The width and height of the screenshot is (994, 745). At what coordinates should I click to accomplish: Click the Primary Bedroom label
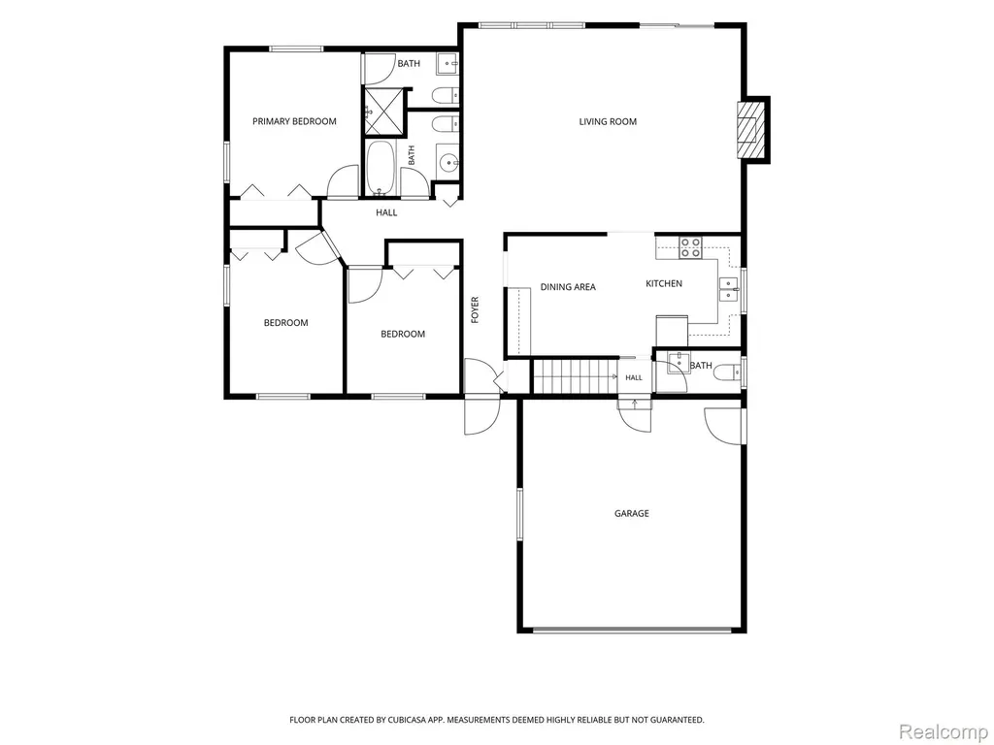point(294,121)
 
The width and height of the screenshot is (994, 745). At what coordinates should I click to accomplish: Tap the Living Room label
point(608,121)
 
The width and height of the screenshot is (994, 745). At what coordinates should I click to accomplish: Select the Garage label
point(631,513)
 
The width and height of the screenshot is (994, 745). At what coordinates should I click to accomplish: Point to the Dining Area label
point(568,287)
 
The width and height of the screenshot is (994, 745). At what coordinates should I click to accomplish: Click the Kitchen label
point(664,283)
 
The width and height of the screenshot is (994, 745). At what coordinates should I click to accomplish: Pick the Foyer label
point(475,310)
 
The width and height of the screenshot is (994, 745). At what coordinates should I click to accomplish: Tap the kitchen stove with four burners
point(690,247)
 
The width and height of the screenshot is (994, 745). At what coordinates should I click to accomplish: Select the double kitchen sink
point(729,288)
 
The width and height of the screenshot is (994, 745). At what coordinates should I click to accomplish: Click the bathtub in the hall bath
point(381,168)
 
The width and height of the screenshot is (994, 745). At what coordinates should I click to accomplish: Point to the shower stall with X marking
point(383,111)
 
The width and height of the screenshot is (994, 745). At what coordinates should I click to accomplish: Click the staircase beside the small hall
point(575,376)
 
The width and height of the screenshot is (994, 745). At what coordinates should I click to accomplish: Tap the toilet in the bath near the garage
point(726,373)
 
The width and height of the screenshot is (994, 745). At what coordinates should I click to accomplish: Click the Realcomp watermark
point(944,731)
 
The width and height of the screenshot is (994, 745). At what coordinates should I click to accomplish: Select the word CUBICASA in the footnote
point(412,720)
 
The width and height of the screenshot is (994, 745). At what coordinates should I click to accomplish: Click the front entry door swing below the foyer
point(481,415)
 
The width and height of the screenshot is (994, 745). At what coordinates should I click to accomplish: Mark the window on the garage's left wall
point(519,514)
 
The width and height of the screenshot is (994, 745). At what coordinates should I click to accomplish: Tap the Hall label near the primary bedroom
point(386,212)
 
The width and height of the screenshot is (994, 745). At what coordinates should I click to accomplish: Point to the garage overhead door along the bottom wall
point(631,631)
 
